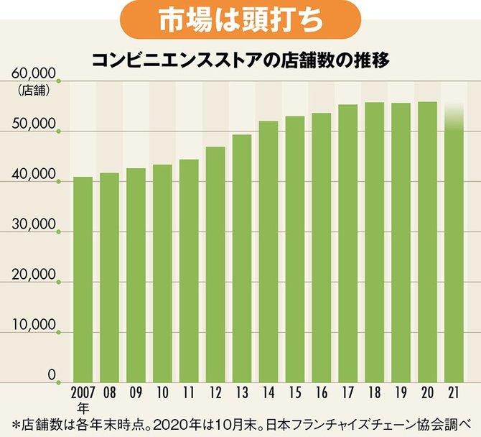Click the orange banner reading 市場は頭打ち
coord(240,21)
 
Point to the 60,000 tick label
coord(34,75)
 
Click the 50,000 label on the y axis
coord(34,125)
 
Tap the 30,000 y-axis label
coord(34,226)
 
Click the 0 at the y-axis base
coord(52,375)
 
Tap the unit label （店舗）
coord(32,90)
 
